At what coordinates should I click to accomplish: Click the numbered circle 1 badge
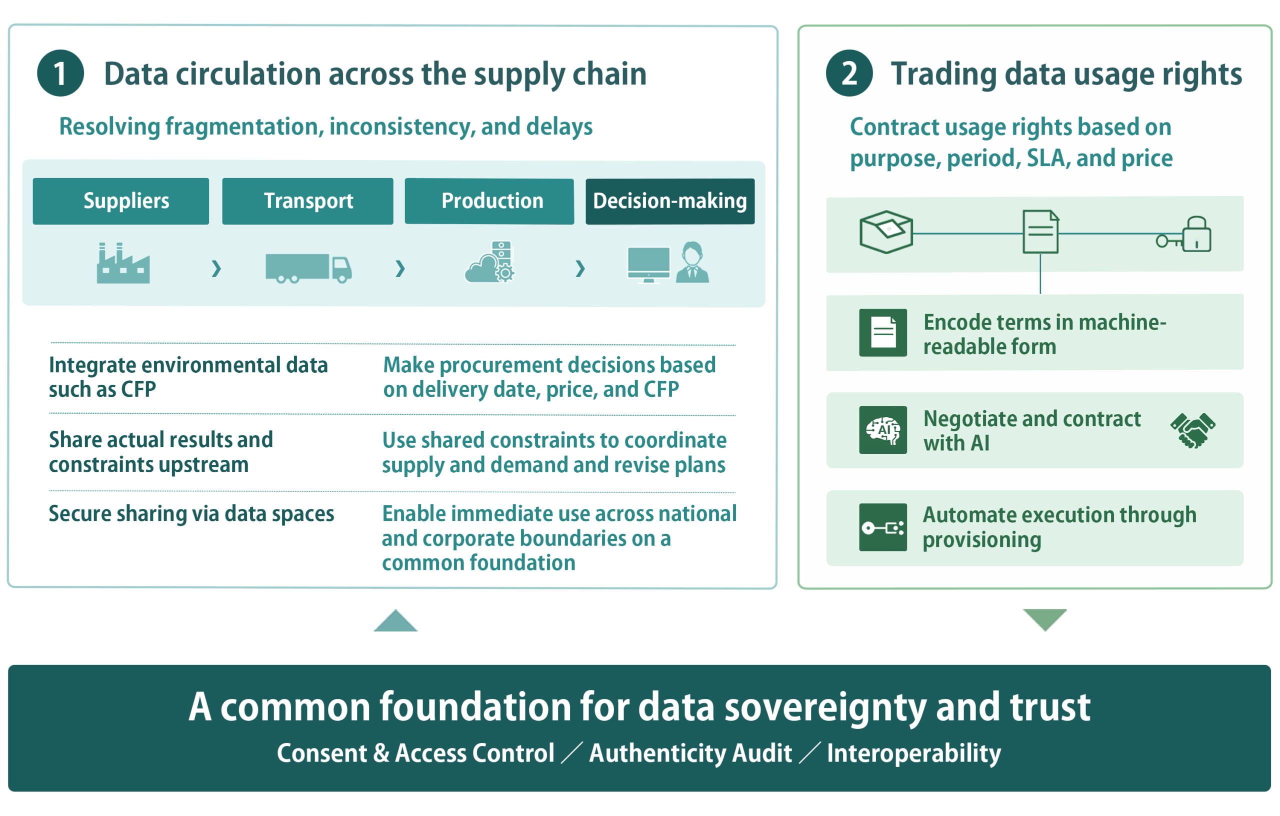coord(60,74)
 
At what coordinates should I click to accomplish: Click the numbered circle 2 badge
coord(849,74)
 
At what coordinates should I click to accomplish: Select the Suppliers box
coord(120,201)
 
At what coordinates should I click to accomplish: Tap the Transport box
coord(308,201)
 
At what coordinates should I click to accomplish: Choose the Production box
coord(489,201)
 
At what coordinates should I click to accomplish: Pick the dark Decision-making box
coord(670,201)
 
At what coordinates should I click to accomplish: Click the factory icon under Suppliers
coord(123,263)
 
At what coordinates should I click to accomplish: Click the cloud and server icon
coord(489,263)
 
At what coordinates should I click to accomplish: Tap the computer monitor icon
coord(648,264)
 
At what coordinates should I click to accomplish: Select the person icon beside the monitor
coord(692,262)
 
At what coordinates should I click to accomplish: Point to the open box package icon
coord(886,232)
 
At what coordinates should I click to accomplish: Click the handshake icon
coord(1192,430)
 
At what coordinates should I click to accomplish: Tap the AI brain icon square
coord(883,430)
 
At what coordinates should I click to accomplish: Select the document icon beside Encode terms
coord(883,333)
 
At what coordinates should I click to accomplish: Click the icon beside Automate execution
coord(883,527)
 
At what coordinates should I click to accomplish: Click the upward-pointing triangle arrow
coord(395,621)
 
